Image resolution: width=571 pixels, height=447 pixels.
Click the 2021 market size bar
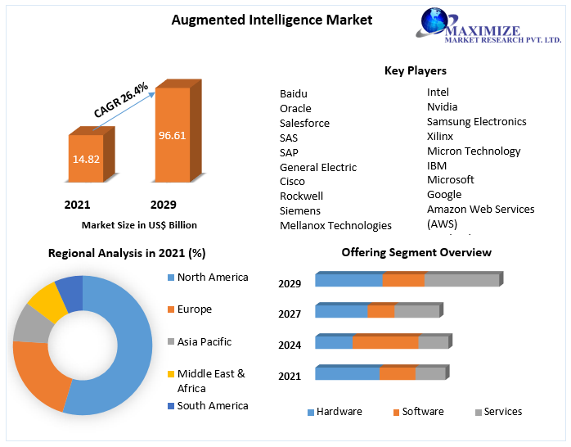pos(86,159)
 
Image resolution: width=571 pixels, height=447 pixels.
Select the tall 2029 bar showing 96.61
pos(173,135)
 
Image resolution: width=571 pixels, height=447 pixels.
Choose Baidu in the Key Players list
pos(294,93)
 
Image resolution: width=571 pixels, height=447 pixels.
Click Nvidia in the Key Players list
pos(443,106)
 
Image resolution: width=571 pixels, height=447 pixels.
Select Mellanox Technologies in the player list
pos(335,225)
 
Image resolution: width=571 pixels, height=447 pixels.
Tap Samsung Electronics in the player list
pos(477,121)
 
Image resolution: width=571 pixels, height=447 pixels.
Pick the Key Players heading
pos(416,70)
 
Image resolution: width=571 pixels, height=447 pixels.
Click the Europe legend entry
pos(194,309)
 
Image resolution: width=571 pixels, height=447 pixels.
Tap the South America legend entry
pos(212,405)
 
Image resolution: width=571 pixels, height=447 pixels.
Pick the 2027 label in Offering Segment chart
pos(290,314)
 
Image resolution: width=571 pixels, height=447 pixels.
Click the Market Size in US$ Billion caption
pos(139,225)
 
